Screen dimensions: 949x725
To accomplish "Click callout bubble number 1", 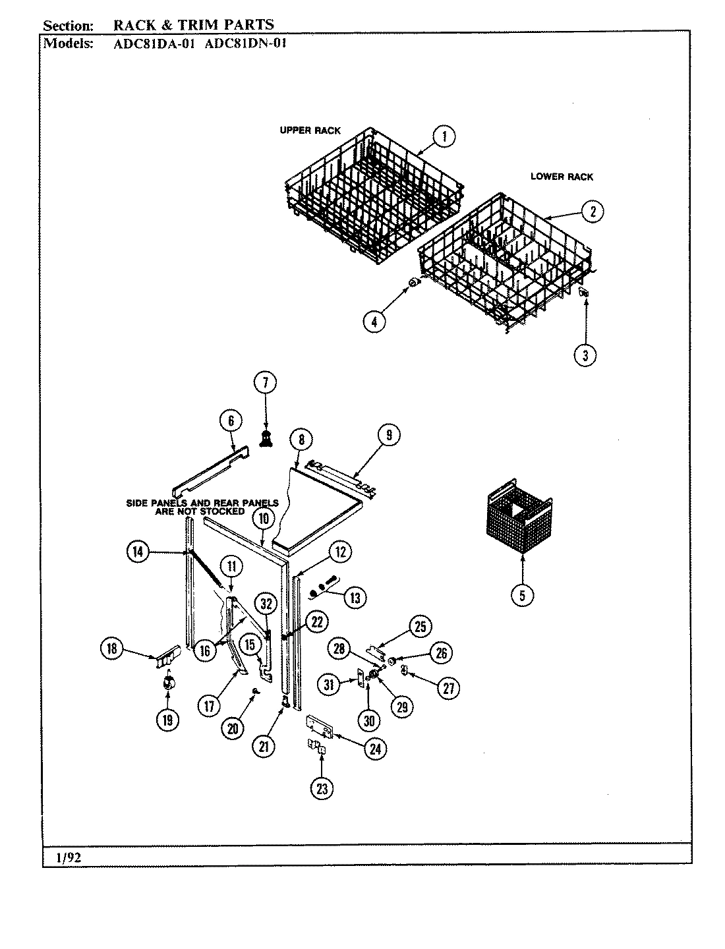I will coord(444,136).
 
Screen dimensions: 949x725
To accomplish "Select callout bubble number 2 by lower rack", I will coord(593,212).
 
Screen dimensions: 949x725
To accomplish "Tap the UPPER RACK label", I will coord(310,130).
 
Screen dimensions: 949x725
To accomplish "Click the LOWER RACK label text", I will coord(562,177).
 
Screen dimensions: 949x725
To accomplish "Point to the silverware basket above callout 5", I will coord(522,523).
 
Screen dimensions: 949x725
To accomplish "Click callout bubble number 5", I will coord(522,595).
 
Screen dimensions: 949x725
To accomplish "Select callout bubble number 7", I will coord(266,383).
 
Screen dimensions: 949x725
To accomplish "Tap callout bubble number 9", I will coord(389,434).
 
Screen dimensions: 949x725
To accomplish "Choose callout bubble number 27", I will coord(448,687).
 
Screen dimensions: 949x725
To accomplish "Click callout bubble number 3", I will coord(585,355).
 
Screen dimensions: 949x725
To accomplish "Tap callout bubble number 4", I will coord(374,322).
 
